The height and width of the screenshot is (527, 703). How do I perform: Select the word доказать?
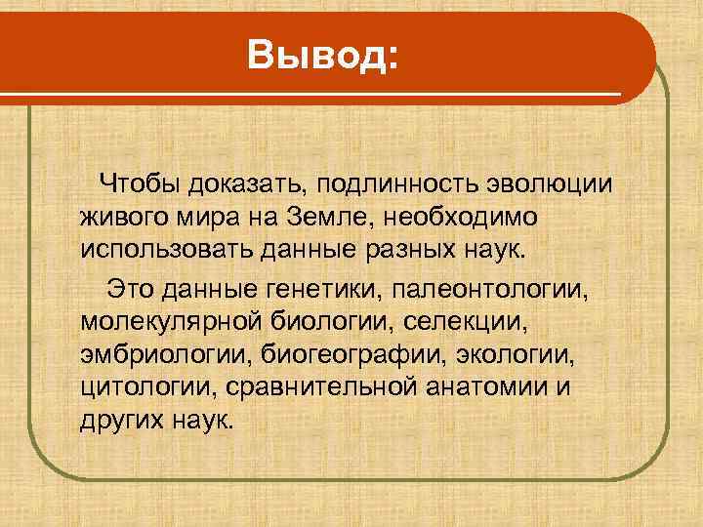(x=248, y=182)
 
